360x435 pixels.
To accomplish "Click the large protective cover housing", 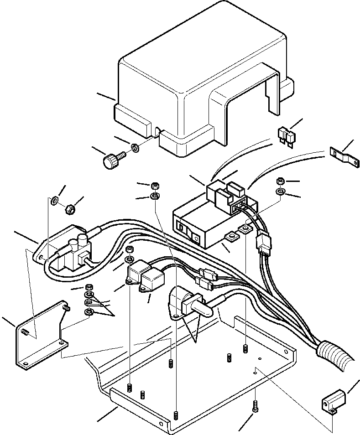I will click(x=183, y=78).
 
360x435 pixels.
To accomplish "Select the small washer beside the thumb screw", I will click(x=136, y=148).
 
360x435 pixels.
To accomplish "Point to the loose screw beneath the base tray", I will click(x=256, y=406).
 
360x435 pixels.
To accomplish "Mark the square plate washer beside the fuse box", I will click(x=231, y=236).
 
